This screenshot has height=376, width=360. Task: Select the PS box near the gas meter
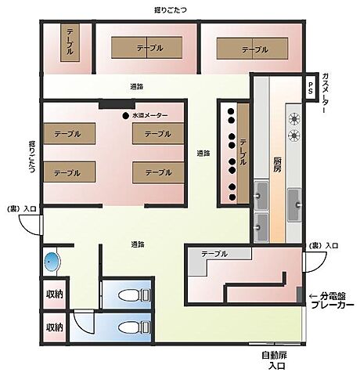pyautogui.click(x=310, y=85)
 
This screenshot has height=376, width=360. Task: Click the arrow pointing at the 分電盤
pyautogui.click(x=314, y=295)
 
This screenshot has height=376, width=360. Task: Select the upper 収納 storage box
pyautogui.click(x=54, y=295)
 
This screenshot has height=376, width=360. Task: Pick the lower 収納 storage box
pyautogui.click(x=54, y=327)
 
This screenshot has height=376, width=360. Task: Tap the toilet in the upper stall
pyautogui.click(x=143, y=295)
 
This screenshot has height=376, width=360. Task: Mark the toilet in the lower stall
pyautogui.click(x=143, y=325)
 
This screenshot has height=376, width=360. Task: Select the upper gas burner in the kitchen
pyautogui.click(x=295, y=119)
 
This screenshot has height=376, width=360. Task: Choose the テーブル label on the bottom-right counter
pyautogui.click(x=214, y=255)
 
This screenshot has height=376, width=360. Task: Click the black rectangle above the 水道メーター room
pyautogui.click(x=113, y=103)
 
